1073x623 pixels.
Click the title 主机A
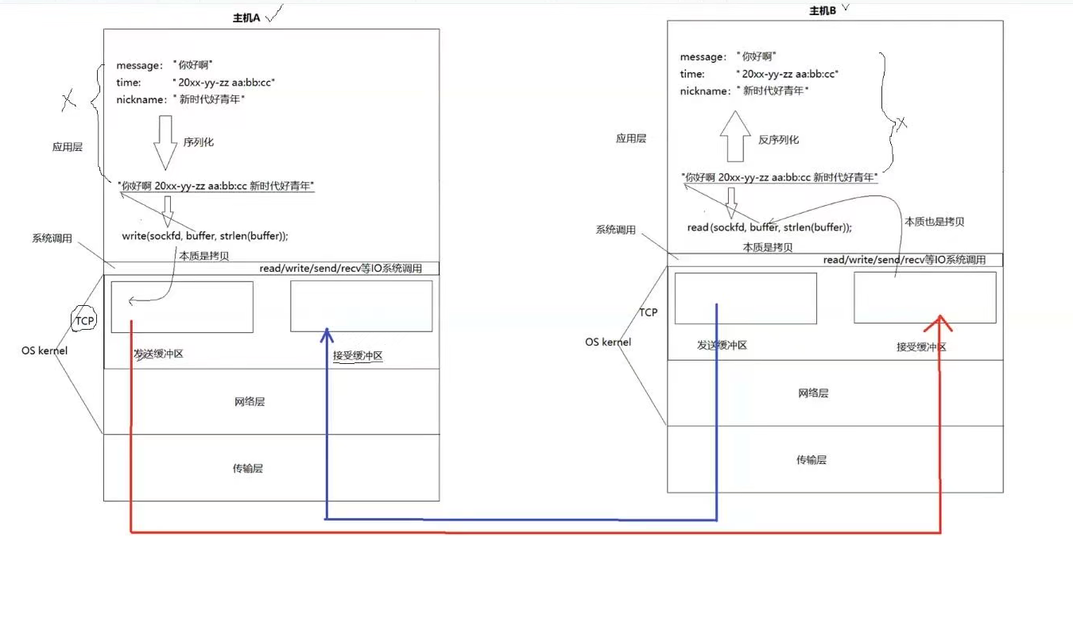[246, 17]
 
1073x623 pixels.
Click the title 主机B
[822, 10]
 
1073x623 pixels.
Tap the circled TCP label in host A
[83, 321]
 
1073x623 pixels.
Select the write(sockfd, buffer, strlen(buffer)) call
[204, 236]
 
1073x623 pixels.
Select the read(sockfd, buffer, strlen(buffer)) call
[769, 227]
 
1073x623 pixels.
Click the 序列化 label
[199, 142]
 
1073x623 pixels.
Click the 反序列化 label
[778, 140]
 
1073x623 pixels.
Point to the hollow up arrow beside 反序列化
[735, 137]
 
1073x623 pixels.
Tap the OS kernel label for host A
[45, 350]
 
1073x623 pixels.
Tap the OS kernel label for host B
[608, 342]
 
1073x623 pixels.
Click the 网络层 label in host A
[249, 402]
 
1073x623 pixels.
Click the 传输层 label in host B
[812, 460]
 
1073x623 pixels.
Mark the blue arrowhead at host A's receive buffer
[325, 335]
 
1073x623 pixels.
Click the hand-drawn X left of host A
[68, 100]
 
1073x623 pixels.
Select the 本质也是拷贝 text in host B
[934, 222]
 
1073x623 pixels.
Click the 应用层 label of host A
[68, 147]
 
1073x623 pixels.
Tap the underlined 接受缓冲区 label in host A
[358, 356]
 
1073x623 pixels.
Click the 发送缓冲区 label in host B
[722, 345]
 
